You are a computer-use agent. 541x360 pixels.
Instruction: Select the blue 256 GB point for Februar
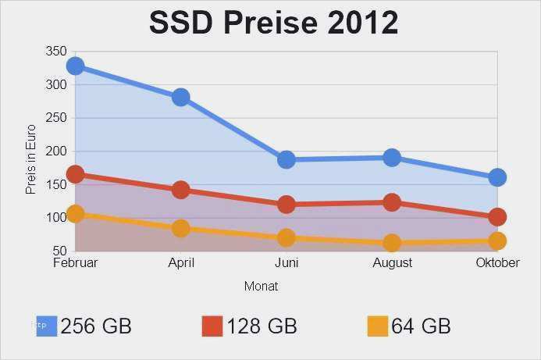coord(75,66)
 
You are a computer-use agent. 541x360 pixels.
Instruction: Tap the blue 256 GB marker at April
coord(181,97)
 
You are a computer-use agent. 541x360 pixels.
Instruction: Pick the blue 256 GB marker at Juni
coord(287,159)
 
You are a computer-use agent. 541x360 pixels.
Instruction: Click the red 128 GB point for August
coord(392,202)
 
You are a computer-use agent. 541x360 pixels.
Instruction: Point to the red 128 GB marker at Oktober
coord(497,216)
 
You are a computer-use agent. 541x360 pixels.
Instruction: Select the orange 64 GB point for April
coord(181,228)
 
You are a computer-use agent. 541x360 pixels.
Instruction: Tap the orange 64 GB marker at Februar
coord(75,213)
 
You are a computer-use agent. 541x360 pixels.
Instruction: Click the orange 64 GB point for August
coord(392,243)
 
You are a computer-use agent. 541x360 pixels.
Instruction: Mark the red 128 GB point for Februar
coord(75,174)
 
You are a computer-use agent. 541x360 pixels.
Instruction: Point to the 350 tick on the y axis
coord(56,52)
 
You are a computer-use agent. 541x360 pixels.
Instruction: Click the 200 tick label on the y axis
coord(56,151)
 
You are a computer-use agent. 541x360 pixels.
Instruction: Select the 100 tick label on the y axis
coord(56,218)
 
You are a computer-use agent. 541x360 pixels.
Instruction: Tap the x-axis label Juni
coord(287,263)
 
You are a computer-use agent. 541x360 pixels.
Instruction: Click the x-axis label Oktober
coord(497,263)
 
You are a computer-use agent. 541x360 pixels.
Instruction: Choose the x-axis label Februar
coord(75,263)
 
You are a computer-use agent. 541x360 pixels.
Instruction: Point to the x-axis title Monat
coord(261,287)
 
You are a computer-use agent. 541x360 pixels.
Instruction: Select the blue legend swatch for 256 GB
coord(47,326)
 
